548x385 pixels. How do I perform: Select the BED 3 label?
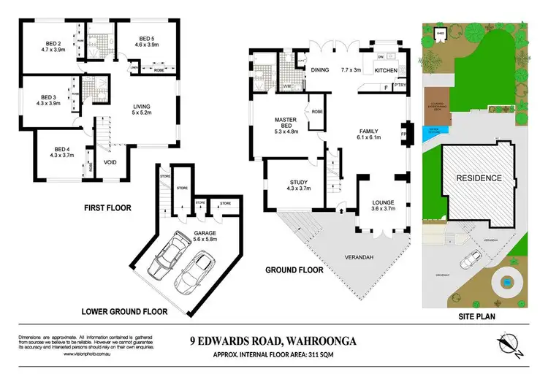pyautogui.click(x=48, y=100)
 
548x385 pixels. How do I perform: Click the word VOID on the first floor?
pyautogui.click(x=110, y=163)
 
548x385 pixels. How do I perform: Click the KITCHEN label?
pyautogui.click(x=385, y=70)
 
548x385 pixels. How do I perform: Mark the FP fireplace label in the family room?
pyautogui.click(x=403, y=134)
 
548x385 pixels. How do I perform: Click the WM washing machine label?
pyautogui.click(x=286, y=86)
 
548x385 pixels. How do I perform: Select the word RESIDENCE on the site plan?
pyautogui.click(x=479, y=178)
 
